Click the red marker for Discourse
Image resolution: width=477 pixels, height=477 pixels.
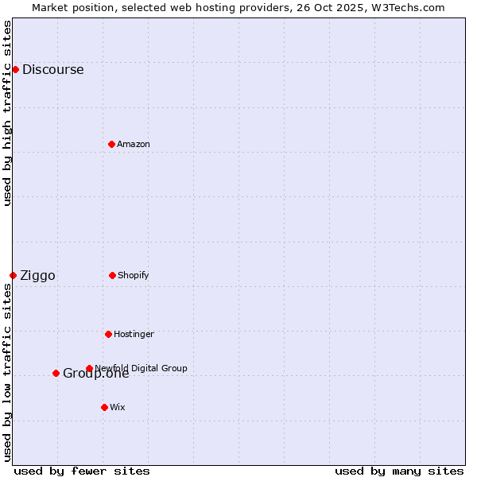[x=15, y=69]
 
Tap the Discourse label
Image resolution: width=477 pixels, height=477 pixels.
[x=52, y=69]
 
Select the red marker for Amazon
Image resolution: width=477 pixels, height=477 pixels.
[x=111, y=144]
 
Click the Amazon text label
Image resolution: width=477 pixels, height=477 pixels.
[x=133, y=144]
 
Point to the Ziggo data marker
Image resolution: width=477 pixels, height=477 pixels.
[x=13, y=275]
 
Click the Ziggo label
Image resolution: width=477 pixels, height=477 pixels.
[x=37, y=276]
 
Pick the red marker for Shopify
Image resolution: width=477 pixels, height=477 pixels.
[x=112, y=275]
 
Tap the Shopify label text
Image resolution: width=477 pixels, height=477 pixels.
[x=133, y=275]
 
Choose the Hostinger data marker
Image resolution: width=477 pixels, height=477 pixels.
[x=108, y=334]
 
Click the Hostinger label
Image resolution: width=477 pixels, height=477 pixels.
[x=134, y=334]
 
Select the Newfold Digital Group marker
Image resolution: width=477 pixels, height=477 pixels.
[x=89, y=368]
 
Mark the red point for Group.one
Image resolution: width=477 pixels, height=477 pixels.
[x=56, y=373]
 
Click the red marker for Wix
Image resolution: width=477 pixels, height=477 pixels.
[x=104, y=407]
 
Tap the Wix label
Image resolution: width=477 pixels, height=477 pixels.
[x=117, y=407]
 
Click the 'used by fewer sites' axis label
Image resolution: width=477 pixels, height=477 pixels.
[x=82, y=471]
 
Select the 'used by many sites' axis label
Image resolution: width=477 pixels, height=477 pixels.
[x=399, y=471]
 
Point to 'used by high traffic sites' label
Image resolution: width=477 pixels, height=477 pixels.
[x=7, y=113]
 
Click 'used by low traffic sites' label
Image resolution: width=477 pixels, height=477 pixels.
[x=7, y=372]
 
